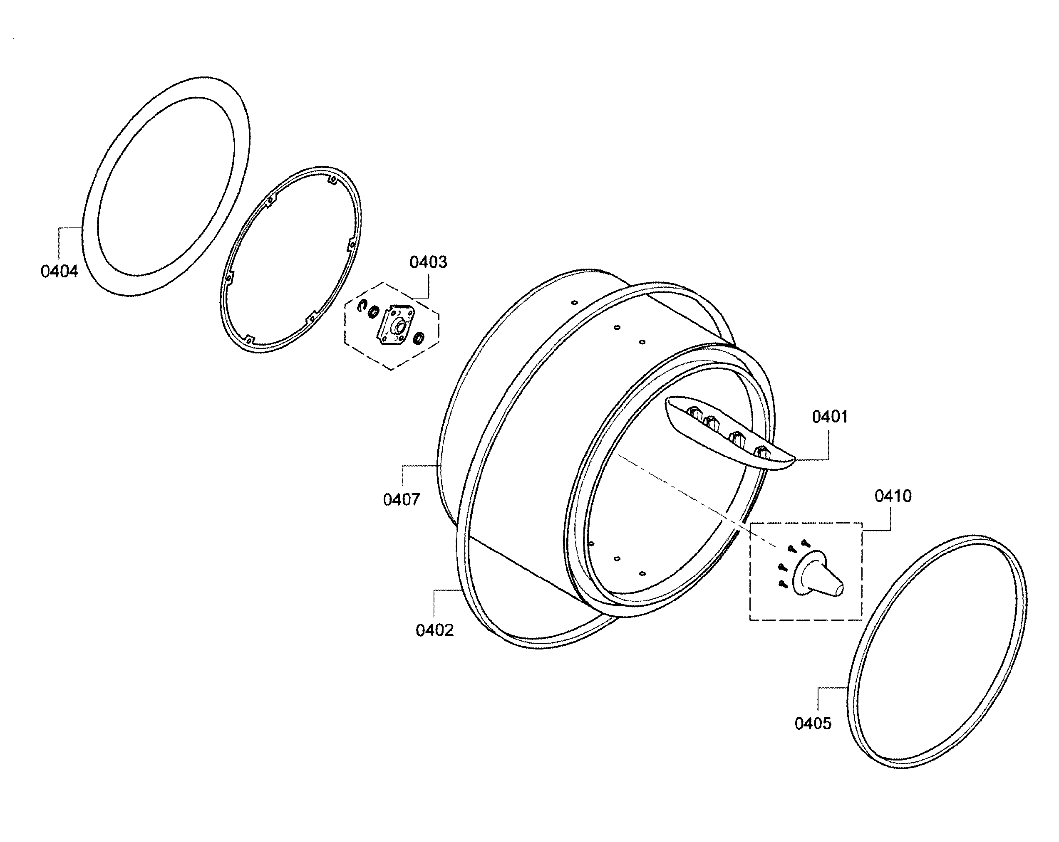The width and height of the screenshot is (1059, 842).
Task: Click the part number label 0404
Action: pyautogui.click(x=59, y=271)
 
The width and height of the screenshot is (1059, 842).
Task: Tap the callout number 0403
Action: pyautogui.click(x=428, y=262)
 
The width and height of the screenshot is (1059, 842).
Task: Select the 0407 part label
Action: pyautogui.click(x=401, y=500)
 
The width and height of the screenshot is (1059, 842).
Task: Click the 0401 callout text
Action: pyautogui.click(x=830, y=417)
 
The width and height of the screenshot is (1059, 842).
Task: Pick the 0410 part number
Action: pyautogui.click(x=893, y=496)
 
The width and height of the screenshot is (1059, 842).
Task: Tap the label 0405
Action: pyautogui.click(x=813, y=723)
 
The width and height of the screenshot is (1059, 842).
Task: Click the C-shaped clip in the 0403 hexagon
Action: pyautogui.click(x=362, y=305)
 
